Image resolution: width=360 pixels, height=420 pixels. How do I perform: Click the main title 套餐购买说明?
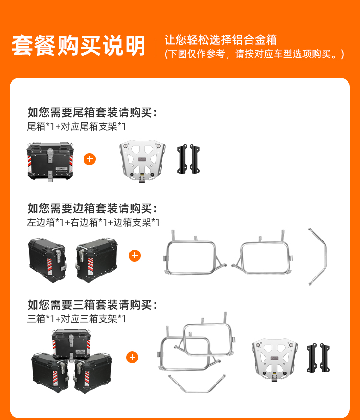click(x=79, y=46)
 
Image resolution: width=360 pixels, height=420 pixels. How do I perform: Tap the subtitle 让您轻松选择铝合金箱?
click(x=220, y=40)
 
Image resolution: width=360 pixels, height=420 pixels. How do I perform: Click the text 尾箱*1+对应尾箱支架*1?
click(x=76, y=126)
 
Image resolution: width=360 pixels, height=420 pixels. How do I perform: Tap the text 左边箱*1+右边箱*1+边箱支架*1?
click(x=94, y=222)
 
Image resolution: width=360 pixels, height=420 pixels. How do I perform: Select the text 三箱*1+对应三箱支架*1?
click(x=76, y=319)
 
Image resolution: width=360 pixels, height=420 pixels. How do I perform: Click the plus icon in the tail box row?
click(x=89, y=159)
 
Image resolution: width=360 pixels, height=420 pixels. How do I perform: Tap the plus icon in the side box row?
click(x=134, y=255)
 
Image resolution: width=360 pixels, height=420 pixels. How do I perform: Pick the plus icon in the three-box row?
click(x=132, y=357)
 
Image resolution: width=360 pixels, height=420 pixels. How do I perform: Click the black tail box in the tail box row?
click(x=50, y=162)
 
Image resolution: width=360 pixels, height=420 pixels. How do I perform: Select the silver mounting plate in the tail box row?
click(x=142, y=161)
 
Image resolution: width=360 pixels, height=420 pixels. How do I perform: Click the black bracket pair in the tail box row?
click(x=188, y=159)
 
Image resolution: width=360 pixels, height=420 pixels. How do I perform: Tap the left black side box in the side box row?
click(x=48, y=260)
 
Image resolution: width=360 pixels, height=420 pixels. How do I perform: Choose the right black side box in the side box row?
click(x=96, y=260)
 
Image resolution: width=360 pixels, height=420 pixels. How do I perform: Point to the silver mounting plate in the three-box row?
click(x=275, y=360)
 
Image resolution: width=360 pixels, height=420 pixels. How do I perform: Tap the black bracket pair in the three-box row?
click(x=318, y=358)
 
